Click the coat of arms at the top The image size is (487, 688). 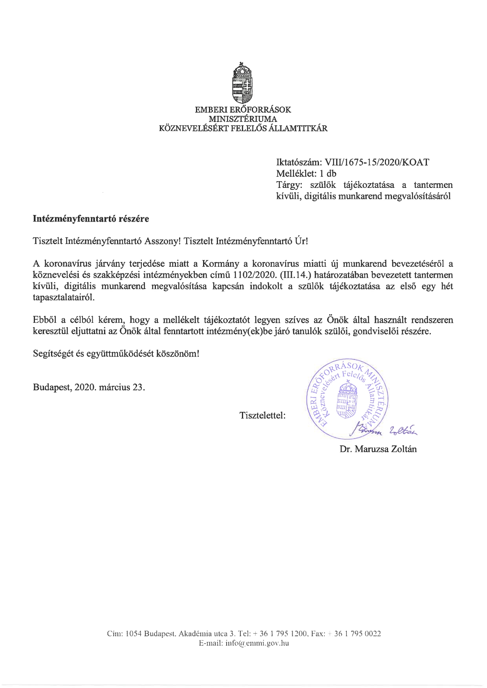tap(243, 83)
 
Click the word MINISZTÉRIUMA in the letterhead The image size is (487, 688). tap(243, 119)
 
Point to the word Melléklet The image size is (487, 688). tap(294, 173)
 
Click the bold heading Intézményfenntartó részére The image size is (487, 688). tap(91, 219)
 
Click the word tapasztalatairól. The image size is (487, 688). tap(64, 298)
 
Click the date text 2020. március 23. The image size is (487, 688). tap(110, 388)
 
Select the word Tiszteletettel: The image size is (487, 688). tap(262, 415)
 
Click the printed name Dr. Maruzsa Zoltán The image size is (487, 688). tap(378, 449)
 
